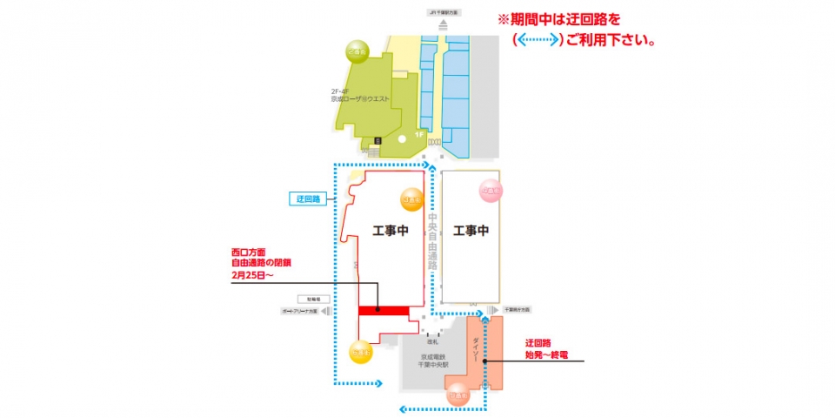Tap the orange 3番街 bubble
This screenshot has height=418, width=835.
click(x=411, y=200)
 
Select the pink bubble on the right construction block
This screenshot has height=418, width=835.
click(x=491, y=191)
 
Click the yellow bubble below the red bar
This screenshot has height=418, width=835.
click(x=361, y=353)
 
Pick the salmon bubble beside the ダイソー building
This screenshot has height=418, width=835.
click(x=458, y=395)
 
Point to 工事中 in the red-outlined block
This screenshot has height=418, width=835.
click(x=390, y=231)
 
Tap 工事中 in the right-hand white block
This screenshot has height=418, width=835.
click(x=471, y=231)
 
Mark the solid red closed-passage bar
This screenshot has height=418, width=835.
click(x=384, y=310)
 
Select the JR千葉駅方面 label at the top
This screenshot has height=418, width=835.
click(x=444, y=13)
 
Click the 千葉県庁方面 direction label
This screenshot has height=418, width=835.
click(x=517, y=310)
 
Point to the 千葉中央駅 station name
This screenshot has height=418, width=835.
click(x=431, y=367)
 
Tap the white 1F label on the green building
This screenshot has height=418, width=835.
click(x=419, y=135)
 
